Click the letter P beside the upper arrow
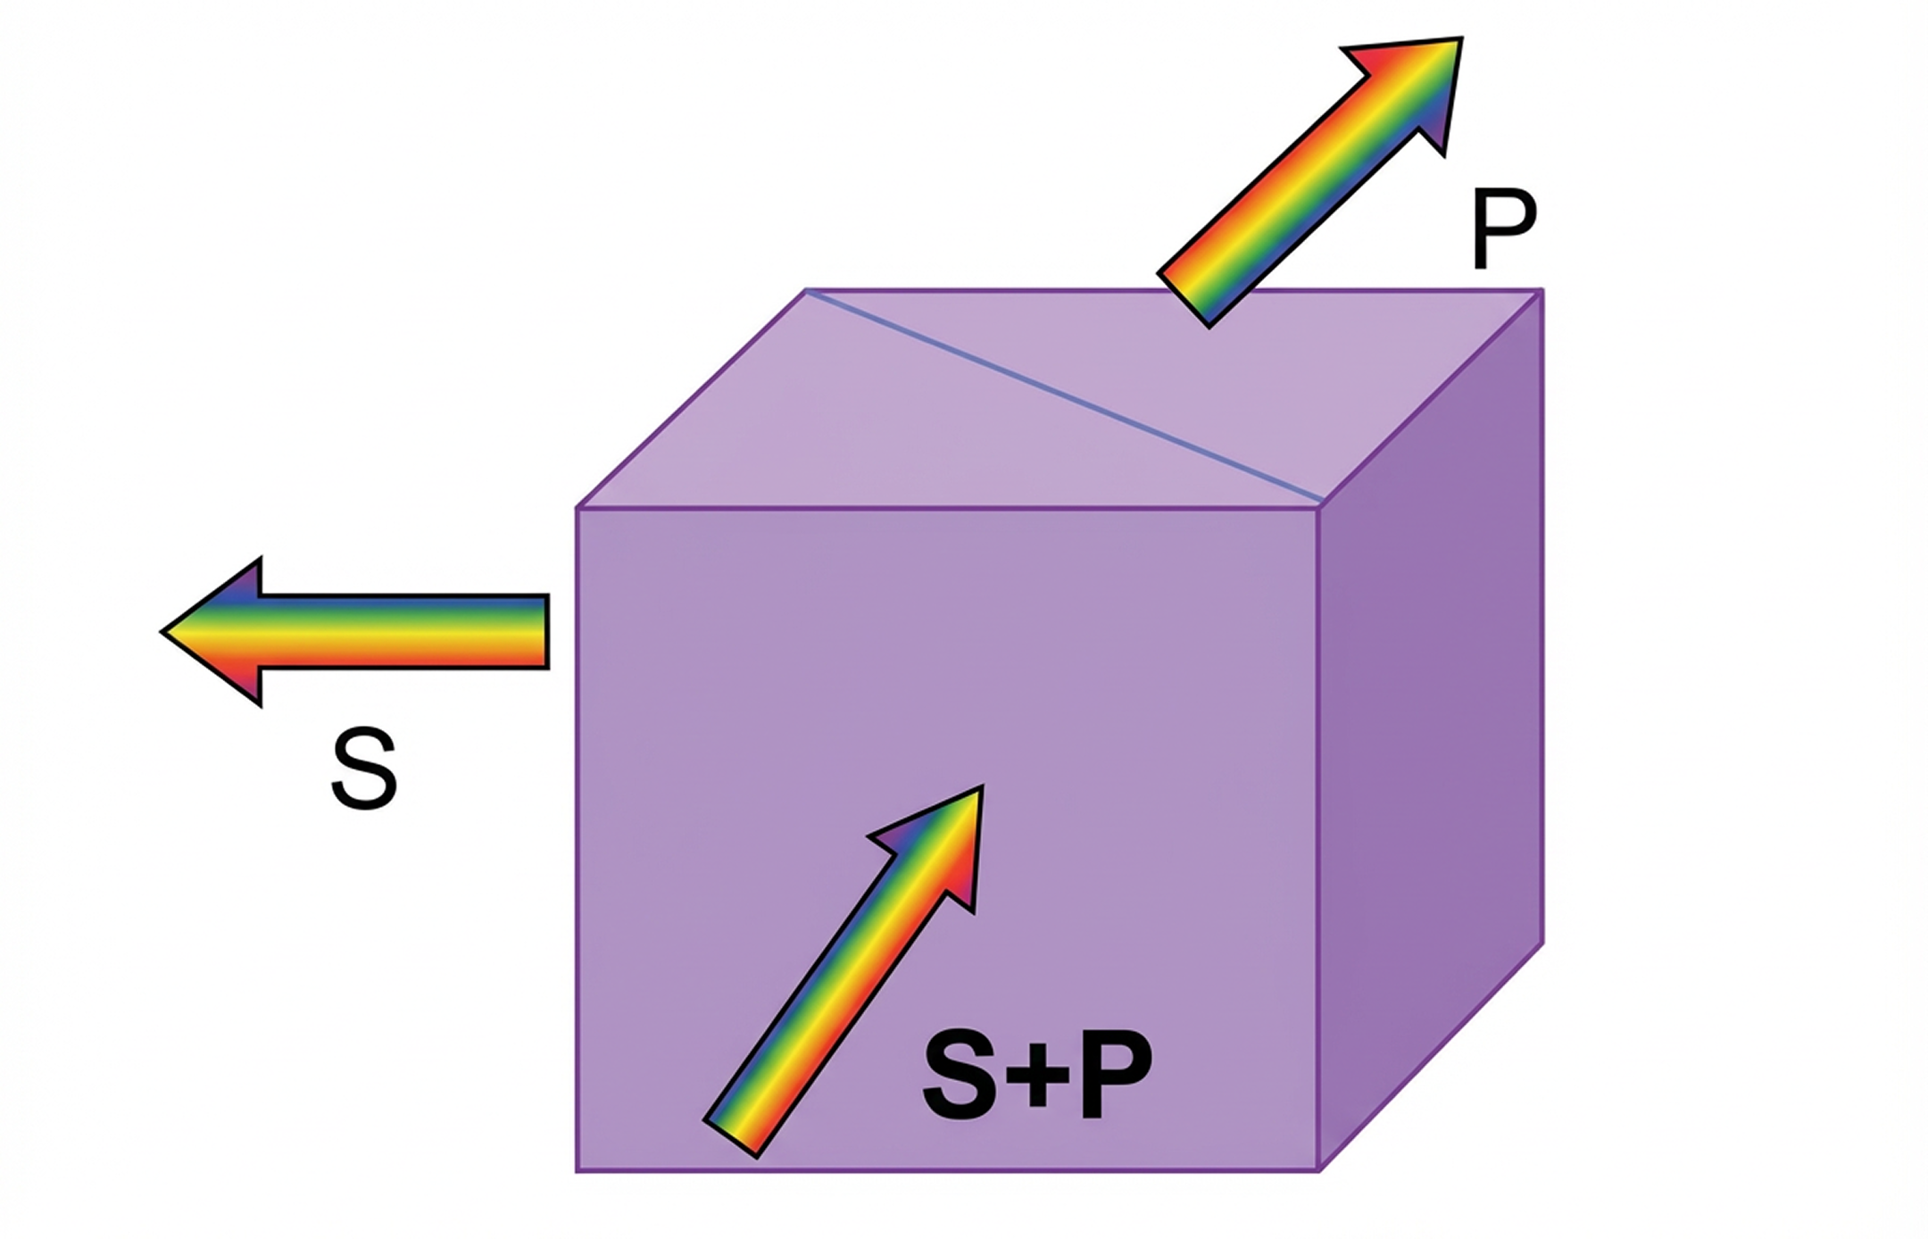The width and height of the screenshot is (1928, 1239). point(1503,230)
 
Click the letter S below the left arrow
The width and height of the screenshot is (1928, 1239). point(363,769)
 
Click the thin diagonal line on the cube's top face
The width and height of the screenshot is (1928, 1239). point(1062,393)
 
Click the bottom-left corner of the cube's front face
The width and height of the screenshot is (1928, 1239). point(578,1170)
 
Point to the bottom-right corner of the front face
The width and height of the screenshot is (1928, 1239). point(1318,1170)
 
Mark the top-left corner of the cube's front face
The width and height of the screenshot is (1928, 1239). point(578,508)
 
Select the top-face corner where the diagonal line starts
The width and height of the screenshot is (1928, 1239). point(807,290)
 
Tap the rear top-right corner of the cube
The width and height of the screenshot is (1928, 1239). point(1542,290)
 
